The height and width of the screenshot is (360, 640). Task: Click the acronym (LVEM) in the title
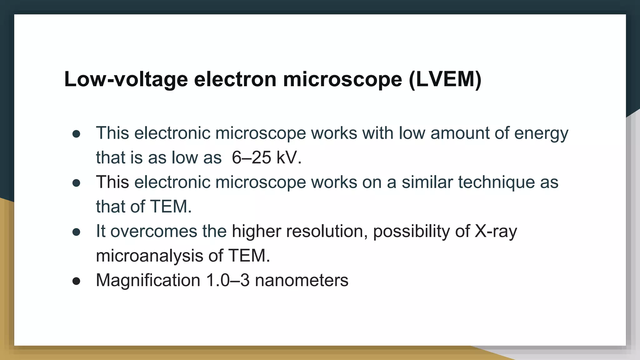(x=445, y=79)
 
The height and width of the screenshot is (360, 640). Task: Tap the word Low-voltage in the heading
(x=126, y=79)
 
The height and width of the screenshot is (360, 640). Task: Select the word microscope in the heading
(x=342, y=79)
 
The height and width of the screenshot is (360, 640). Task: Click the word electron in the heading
(x=235, y=79)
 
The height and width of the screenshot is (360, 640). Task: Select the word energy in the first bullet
(x=541, y=133)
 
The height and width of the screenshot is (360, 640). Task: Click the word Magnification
(x=148, y=280)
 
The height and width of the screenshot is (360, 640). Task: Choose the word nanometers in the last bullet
(x=302, y=280)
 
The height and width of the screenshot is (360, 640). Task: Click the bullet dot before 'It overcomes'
(x=76, y=232)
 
